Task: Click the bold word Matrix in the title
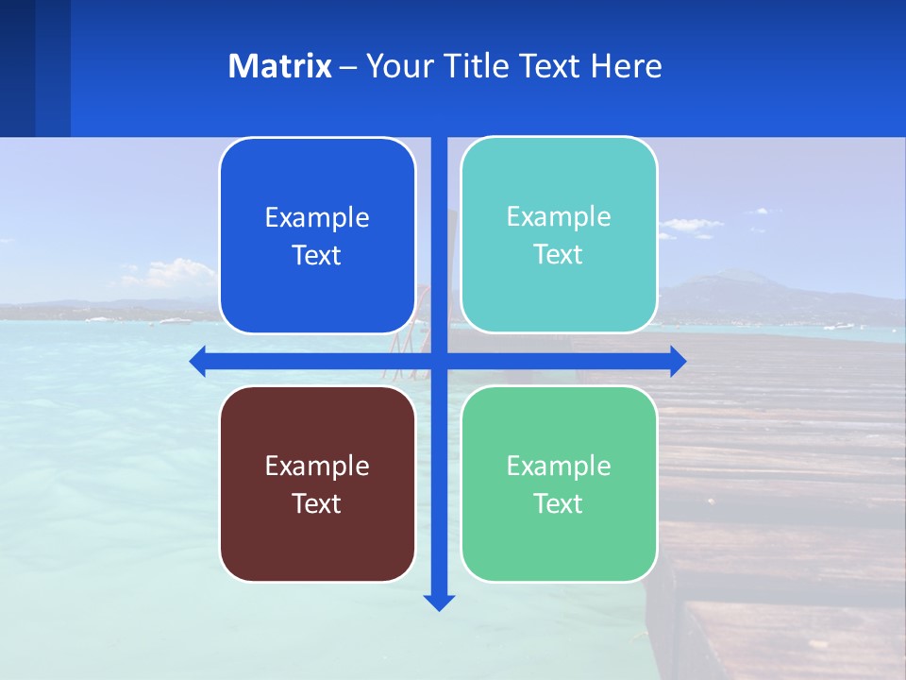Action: [x=279, y=66]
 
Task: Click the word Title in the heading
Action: [x=477, y=66]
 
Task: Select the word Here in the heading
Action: [x=626, y=66]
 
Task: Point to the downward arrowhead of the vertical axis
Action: [x=439, y=602]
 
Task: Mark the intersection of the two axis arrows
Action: [x=439, y=361]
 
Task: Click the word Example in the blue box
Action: [x=317, y=217]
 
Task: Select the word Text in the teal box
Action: [x=559, y=254]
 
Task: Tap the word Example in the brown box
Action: [x=317, y=466]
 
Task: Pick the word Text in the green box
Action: [x=559, y=503]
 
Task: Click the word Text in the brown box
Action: [x=317, y=503]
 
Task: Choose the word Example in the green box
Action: [x=559, y=466]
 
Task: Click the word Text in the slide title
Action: [x=550, y=66]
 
